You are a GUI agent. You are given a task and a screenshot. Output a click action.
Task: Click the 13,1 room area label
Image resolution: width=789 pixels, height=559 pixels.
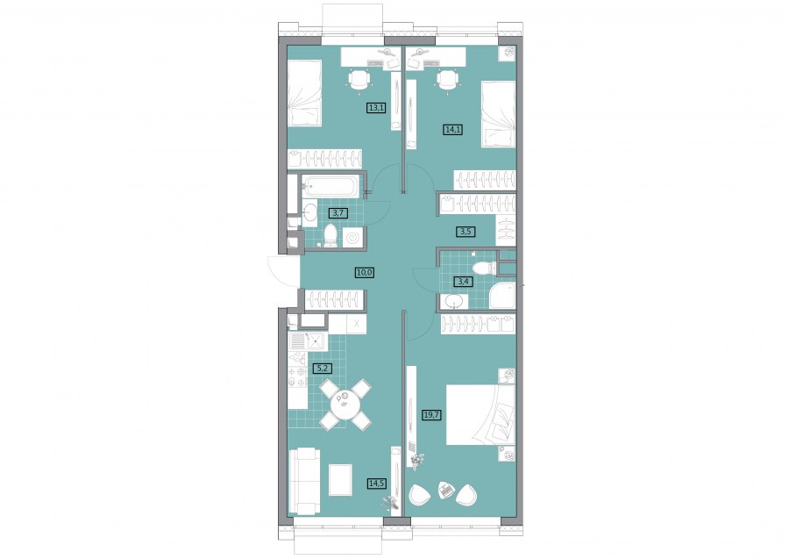[376, 107]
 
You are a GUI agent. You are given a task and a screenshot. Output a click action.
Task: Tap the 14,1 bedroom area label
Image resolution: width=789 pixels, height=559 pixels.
[453, 129]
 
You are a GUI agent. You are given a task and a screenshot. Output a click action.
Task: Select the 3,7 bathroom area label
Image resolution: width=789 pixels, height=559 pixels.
[338, 213]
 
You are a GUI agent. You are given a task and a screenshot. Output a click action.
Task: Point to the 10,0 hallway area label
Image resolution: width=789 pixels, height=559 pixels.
[366, 273]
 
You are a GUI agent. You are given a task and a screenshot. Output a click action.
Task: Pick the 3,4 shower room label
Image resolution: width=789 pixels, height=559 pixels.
[464, 282]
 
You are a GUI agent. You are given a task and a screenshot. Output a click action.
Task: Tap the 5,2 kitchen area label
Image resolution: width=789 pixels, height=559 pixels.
[323, 369]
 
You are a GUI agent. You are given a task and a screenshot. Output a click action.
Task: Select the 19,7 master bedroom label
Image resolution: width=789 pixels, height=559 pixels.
[431, 415]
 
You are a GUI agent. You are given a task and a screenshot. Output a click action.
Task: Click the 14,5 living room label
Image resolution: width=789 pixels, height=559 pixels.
[377, 483]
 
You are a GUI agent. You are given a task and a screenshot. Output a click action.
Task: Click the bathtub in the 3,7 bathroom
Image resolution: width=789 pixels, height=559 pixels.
[331, 186]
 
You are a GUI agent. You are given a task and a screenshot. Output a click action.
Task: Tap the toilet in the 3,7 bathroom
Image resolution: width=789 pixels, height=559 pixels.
[331, 236]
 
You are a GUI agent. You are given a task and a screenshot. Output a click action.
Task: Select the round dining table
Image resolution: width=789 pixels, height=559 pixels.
[345, 404]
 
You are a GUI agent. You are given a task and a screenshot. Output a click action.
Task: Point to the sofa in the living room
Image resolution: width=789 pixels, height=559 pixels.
[304, 482]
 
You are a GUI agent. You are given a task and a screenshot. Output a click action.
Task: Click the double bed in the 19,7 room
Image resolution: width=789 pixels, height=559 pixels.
[481, 414]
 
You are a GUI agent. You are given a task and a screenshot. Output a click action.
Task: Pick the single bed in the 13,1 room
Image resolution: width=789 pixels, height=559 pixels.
[304, 93]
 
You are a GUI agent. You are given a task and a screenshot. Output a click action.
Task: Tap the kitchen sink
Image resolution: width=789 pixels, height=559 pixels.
[316, 341]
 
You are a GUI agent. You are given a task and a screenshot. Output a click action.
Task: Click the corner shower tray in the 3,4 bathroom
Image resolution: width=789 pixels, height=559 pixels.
[502, 296]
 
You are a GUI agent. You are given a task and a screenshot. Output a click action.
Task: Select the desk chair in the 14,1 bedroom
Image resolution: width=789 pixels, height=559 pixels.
[447, 80]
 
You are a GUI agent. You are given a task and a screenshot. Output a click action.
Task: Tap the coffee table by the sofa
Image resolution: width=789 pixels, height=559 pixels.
[339, 480]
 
